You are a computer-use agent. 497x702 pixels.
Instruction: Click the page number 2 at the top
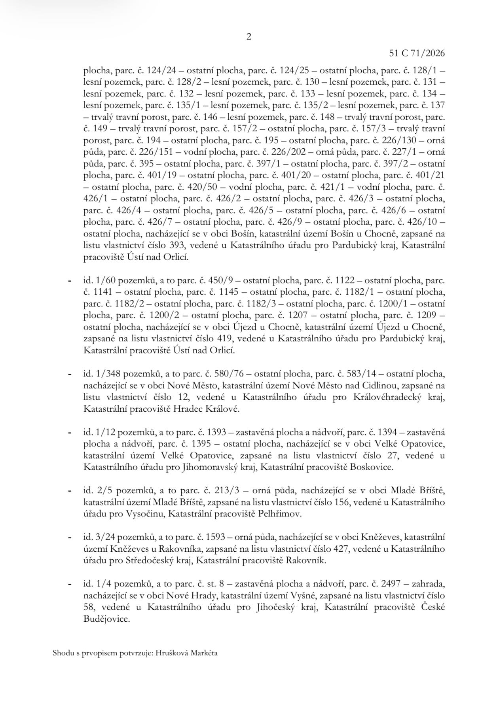[248, 37]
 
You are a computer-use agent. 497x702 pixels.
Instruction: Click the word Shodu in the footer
[62, 653]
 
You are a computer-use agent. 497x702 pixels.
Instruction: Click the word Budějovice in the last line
[106, 619]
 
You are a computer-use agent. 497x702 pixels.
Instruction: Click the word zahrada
[429, 583]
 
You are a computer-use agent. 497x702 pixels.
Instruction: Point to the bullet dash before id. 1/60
[70, 281]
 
